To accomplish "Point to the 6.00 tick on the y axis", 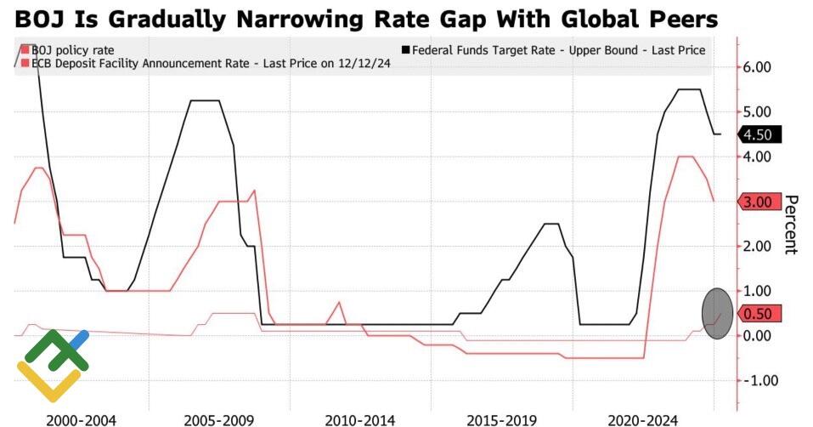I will coord(756,67).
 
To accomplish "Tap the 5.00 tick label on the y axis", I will coord(756,112).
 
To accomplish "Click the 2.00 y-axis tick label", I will coord(756,247).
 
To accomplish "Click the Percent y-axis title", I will coord(791,225).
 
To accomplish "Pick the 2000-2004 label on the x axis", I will coord(82,419).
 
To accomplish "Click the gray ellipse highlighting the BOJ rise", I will coord(718,314).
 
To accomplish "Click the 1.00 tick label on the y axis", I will coord(756,291).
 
